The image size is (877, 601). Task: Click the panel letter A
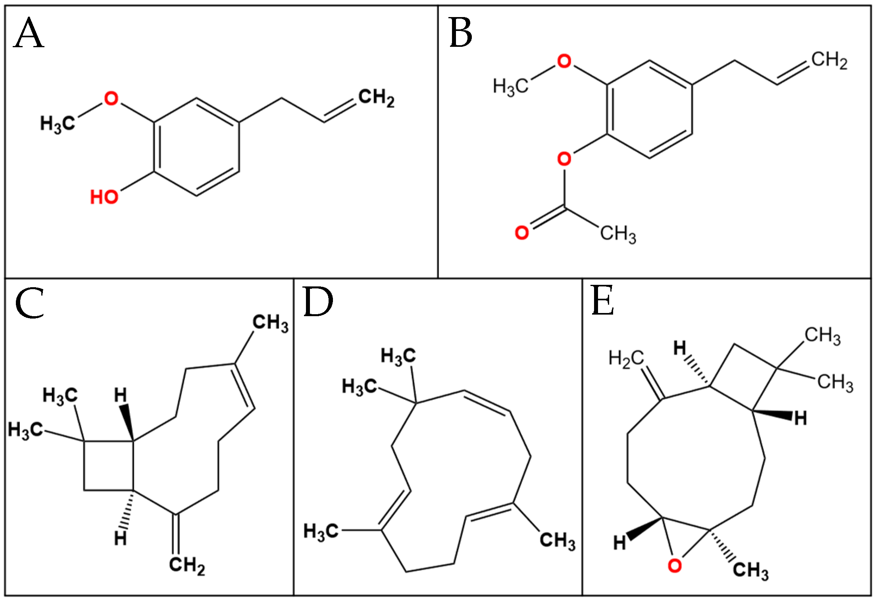(29, 33)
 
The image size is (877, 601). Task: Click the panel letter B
(461, 33)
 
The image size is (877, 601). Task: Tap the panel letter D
(318, 302)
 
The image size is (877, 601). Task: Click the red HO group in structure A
(104, 197)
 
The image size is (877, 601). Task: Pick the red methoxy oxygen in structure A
(111, 98)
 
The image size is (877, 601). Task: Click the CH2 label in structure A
(376, 98)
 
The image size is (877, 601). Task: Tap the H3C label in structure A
(58, 123)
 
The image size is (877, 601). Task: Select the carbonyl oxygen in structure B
(521, 232)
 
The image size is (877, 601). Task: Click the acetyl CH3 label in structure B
(618, 234)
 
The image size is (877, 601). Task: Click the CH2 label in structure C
(187, 565)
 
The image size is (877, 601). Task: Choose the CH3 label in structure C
(270, 323)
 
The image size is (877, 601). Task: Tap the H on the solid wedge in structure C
(120, 395)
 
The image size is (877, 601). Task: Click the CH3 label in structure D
(557, 540)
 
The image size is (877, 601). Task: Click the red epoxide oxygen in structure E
(675, 566)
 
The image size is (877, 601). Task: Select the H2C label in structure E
(626, 359)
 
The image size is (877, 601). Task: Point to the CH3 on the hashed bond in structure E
(750, 570)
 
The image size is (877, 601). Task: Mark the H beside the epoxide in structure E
(619, 542)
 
